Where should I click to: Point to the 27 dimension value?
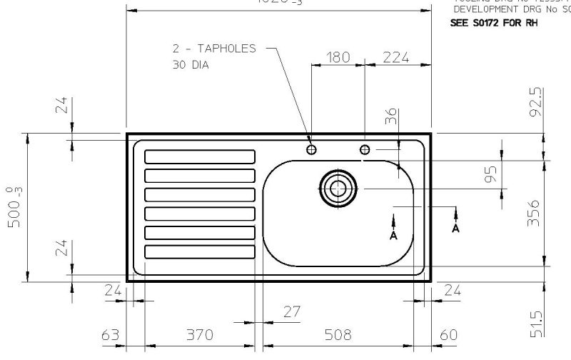pos(292,312)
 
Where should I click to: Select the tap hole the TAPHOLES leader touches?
pos(311,149)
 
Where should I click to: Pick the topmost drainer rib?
pos(200,156)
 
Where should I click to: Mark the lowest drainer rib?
pos(200,251)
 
